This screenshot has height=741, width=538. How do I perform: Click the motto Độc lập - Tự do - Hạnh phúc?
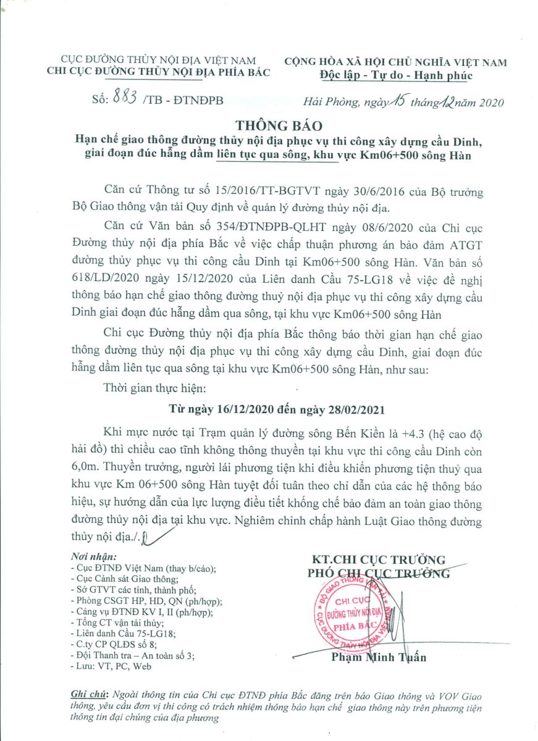pos(395,76)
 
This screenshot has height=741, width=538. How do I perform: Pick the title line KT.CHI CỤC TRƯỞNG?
pos(378,559)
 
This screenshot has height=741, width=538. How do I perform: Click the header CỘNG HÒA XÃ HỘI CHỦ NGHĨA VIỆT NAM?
pos(395,62)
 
